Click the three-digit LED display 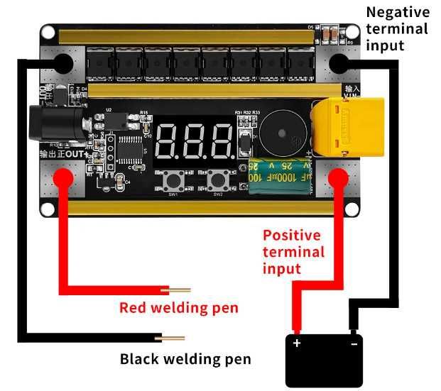tap(195, 141)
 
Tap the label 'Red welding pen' tap(178, 308)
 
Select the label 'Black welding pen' tap(185, 359)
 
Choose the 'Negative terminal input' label tap(397, 29)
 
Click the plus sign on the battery tap(298, 343)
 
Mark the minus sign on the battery tap(353, 343)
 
